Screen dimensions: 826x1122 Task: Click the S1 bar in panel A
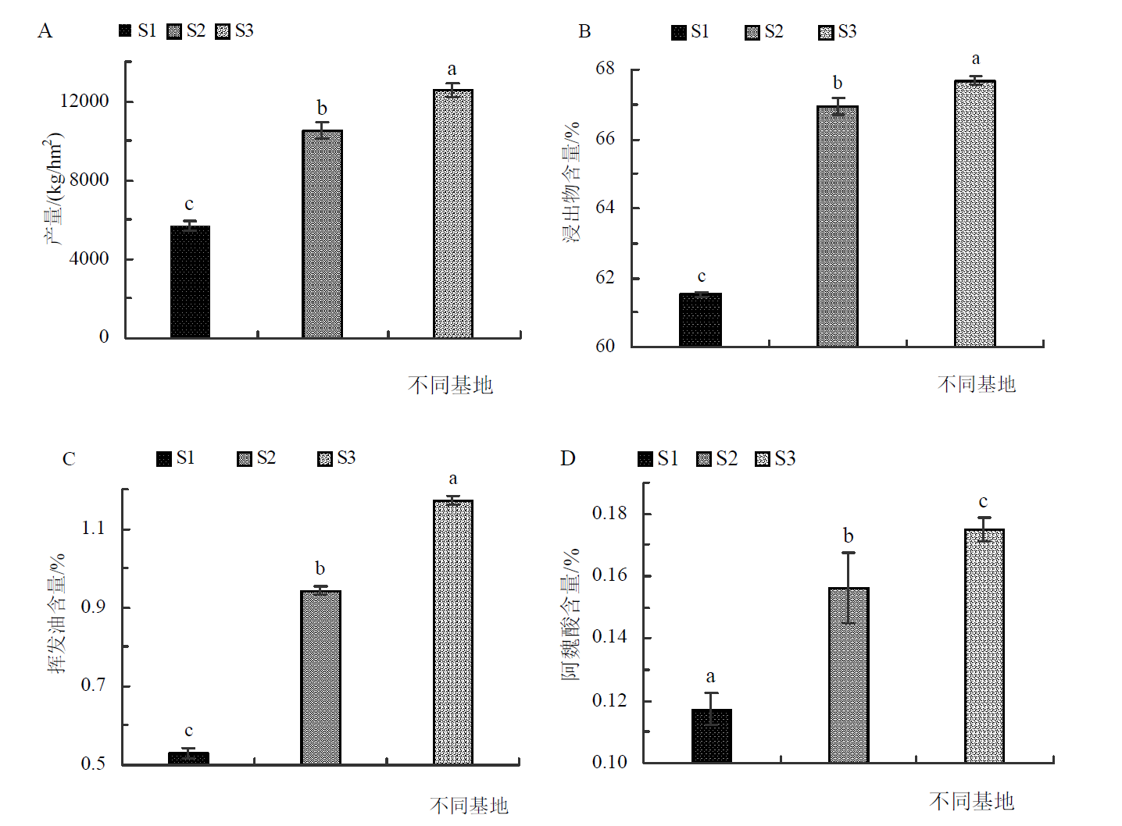click(x=190, y=282)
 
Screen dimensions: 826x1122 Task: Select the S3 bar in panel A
click(x=453, y=214)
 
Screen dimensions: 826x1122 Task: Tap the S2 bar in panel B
click(x=837, y=226)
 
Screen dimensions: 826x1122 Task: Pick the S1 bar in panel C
click(x=188, y=758)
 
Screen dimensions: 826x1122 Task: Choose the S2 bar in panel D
click(x=849, y=675)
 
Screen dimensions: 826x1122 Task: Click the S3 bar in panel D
click(x=984, y=646)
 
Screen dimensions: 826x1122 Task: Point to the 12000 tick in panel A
click(x=84, y=101)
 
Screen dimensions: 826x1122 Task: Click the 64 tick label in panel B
click(x=606, y=208)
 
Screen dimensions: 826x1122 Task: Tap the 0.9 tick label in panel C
click(x=93, y=607)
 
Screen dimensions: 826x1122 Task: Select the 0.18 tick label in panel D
click(x=609, y=513)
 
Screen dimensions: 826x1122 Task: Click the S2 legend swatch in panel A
click(x=174, y=31)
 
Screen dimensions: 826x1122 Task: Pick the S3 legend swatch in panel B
click(x=826, y=33)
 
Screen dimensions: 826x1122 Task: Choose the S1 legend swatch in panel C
click(x=164, y=459)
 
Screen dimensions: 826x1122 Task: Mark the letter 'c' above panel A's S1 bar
click(x=189, y=205)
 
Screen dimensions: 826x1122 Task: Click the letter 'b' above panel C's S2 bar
click(x=320, y=568)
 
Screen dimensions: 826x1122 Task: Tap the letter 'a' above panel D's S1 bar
click(x=710, y=677)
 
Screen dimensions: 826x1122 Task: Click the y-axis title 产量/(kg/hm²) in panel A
click(x=53, y=189)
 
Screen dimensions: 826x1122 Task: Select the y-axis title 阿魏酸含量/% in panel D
click(x=571, y=614)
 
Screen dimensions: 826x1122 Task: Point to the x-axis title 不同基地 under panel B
click(x=976, y=384)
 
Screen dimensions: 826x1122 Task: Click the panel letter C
click(x=69, y=459)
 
